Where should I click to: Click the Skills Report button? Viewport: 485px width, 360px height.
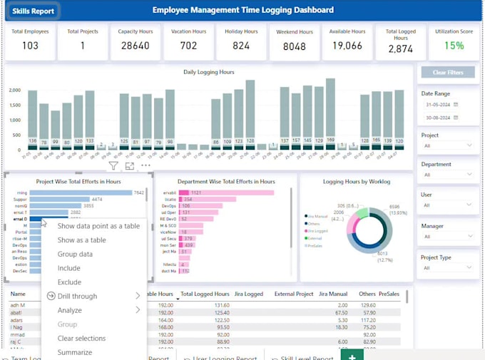[x=33, y=11]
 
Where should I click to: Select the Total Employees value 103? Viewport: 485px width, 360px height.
[x=30, y=46]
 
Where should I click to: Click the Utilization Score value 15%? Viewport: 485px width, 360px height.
[x=454, y=46]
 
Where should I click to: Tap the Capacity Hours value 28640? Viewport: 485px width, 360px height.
[x=136, y=46]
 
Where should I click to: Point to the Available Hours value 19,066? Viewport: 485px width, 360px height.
[x=348, y=46]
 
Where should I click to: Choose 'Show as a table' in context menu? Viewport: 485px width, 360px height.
[x=81, y=240]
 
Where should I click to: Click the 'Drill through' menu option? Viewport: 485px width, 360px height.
[x=77, y=296]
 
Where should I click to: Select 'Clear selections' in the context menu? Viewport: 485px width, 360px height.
[x=81, y=339]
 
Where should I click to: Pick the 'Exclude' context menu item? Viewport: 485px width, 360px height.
[x=69, y=282]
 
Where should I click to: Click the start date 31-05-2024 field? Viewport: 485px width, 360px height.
[x=439, y=104]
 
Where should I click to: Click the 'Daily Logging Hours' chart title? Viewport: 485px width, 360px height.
[x=210, y=73]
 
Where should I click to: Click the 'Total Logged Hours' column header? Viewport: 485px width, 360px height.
[x=205, y=294]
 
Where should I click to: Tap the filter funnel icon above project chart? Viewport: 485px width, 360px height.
[x=113, y=166]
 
